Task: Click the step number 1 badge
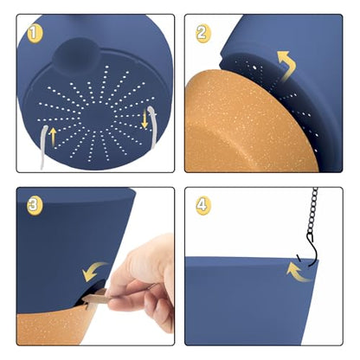(x=35, y=34)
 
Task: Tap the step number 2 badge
(x=202, y=34)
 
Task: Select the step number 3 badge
(x=35, y=206)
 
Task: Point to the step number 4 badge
(x=203, y=206)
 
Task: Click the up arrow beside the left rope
(x=53, y=137)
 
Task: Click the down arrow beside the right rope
(x=145, y=118)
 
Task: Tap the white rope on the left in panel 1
(x=44, y=146)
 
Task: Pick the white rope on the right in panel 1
(x=152, y=127)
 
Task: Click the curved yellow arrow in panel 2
(x=286, y=66)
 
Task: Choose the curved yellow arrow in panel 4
(x=297, y=271)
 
